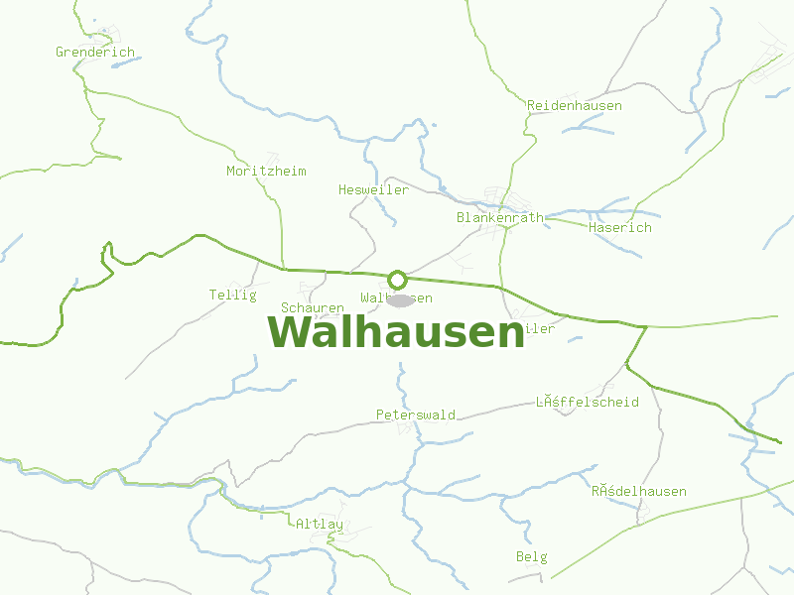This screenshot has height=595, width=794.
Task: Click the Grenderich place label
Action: (95, 53)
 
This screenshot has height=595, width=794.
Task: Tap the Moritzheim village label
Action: (266, 172)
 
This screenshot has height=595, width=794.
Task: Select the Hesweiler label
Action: (373, 190)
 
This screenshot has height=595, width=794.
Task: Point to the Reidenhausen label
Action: (575, 106)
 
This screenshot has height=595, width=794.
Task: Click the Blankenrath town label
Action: (500, 218)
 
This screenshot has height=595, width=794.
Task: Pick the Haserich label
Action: (620, 228)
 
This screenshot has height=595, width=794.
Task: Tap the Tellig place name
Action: (233, 296)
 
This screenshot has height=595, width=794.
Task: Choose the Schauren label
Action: (313, 308)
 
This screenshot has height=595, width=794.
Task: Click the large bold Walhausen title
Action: (396, 332)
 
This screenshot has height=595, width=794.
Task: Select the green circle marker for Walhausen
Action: (398, 280)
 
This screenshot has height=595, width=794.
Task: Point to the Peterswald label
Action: (416, 415)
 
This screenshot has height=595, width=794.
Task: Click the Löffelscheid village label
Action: (588, 403)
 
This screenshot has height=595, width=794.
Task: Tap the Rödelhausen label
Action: (639, 492)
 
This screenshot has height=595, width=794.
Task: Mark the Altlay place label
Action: (320, 524)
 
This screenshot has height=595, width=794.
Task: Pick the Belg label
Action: (532, 557)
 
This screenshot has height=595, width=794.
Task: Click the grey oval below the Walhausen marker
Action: (400, 300)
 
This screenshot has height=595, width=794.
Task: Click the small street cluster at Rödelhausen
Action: (644, 512)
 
